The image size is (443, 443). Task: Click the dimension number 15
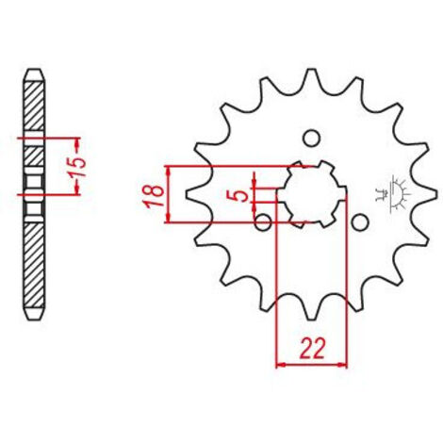[x=78, y=167]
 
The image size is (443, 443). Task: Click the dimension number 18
[x=154, y=196]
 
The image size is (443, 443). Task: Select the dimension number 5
[x=241, y=196]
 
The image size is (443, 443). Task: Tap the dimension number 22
[x=312, y=349]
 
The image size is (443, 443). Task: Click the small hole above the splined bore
[x=311, y=139]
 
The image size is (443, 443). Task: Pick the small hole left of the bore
[x=263, y=222]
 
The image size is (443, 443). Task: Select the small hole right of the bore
[x=360, y=222]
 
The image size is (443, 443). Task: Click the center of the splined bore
[x=311, y=194]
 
